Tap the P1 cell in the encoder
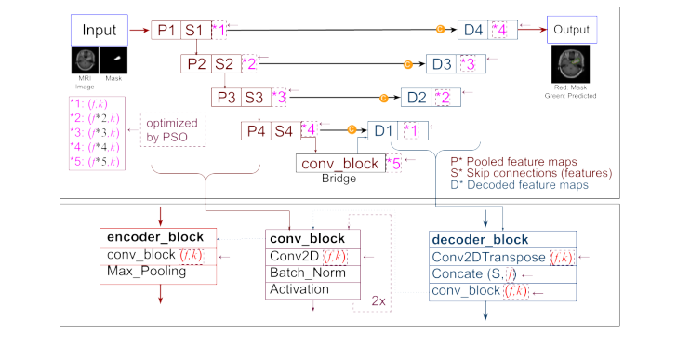click(x=166, y=31)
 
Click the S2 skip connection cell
click(x=223, y=64)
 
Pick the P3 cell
click(x=227, y=98)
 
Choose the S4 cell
click(x=285, y=130)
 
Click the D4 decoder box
click(x=474, y=31)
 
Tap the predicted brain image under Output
click(x=571, y=67)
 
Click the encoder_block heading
click(x=149, y=236)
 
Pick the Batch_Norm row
click(x=301, y=273)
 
